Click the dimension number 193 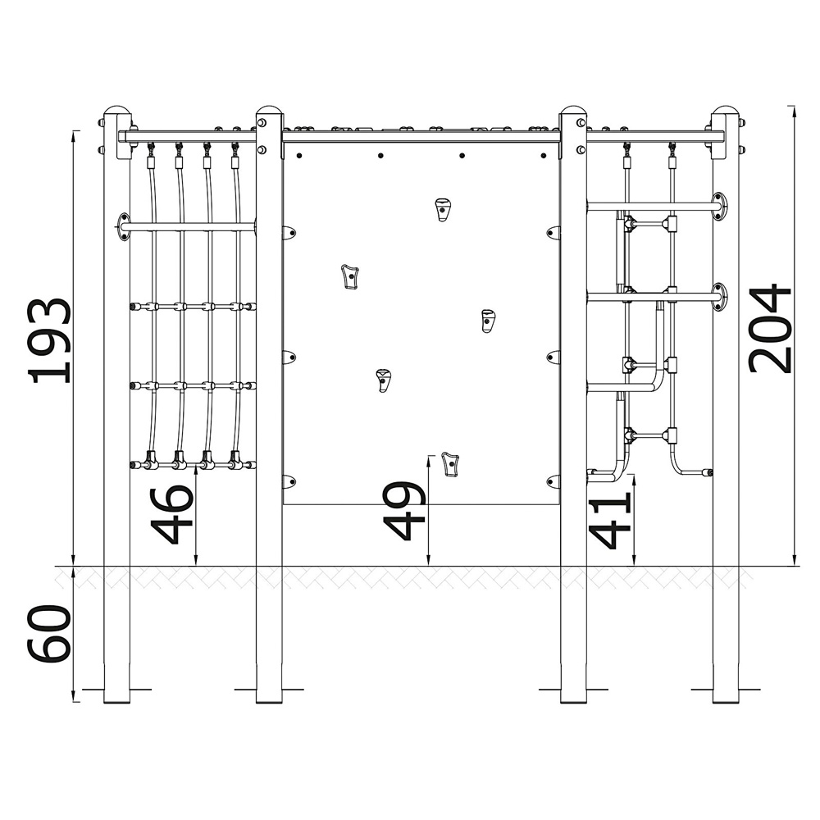pyautogui.click(x=50, y=340)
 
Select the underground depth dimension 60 pyautogui.click(x=49, y=633)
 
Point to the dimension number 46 pyautogui.click(x=171, y=515)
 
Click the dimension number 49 pyautogui.click(x=405, y=510)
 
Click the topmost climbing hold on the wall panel pyautogui.click(x=443, y=210)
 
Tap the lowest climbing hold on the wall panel pyautogui.click(x=450, y=464)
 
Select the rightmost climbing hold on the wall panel pyautogui.click(x=488, y=321)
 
